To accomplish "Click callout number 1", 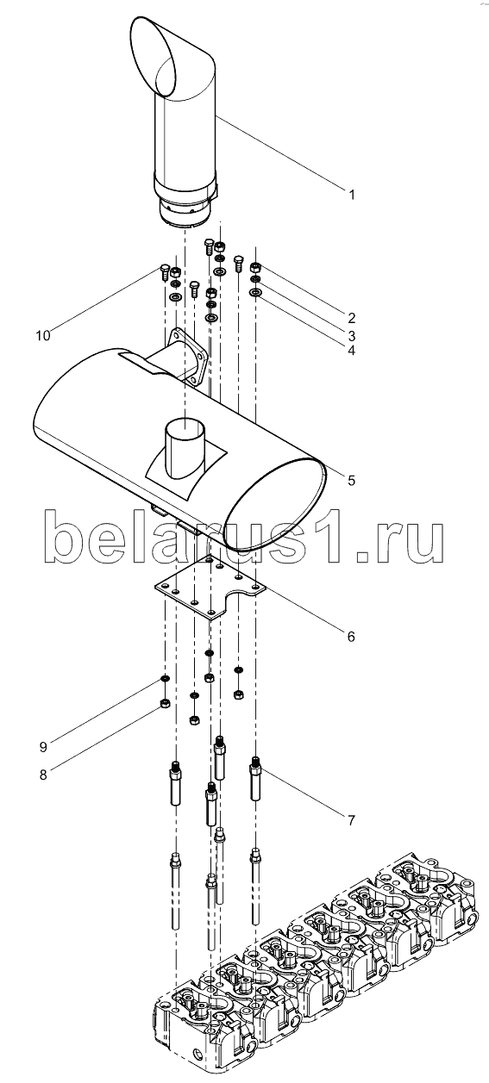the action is (352, 195).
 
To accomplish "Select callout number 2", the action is (352, 318).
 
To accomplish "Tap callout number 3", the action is (352, 334).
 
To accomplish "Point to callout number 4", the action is (352, 350).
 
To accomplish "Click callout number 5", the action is (351, 480).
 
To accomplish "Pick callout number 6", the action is (351, 636).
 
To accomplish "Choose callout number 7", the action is (351, 819).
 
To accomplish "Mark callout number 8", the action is (43, 775).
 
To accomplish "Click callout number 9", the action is (43, 747).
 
